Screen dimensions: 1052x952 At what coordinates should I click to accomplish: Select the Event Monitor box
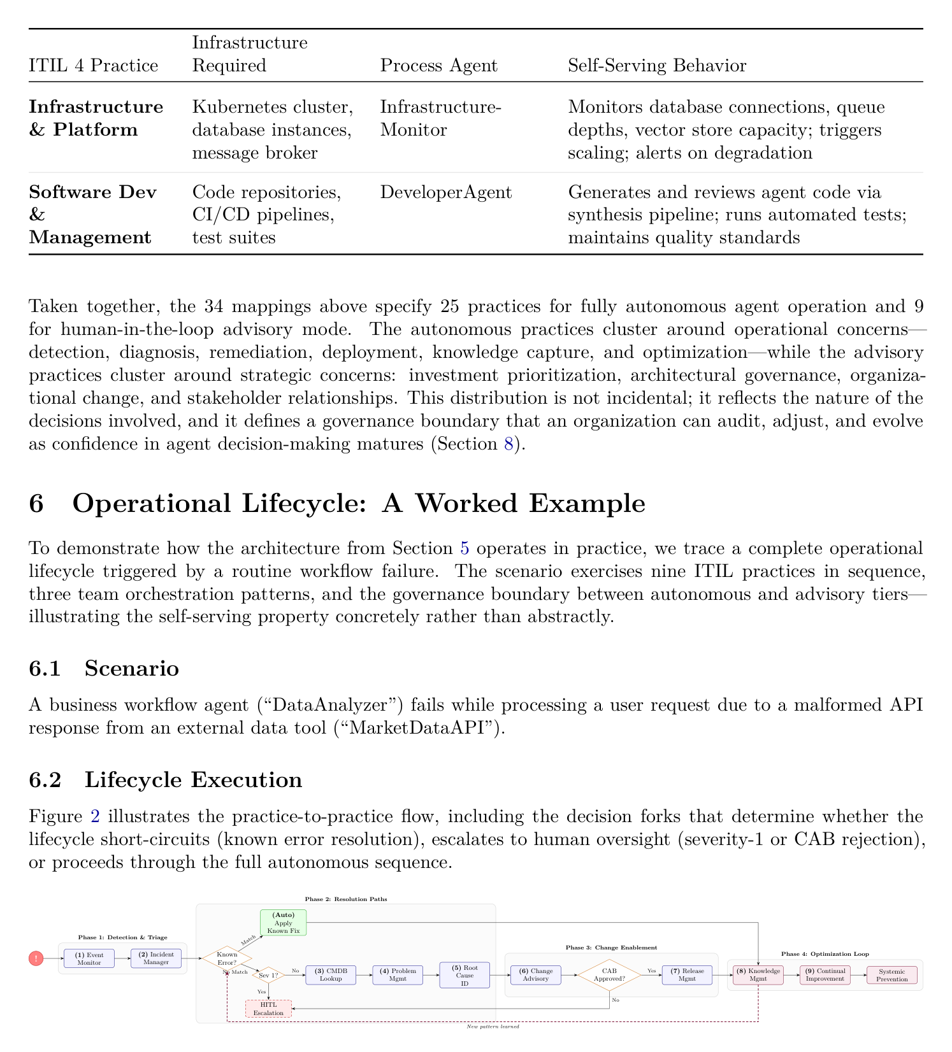[x=89, y=958]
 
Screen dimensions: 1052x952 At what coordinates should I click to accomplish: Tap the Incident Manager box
[x=156, y=958]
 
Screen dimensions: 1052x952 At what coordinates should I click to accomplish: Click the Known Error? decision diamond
[x=227, y=958]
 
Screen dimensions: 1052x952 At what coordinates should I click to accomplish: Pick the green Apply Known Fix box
[x=284, y=922]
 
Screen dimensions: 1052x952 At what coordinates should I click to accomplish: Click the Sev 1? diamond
[x=269, y=975]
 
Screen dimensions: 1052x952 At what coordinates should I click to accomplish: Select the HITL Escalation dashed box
[x=269, y=1009]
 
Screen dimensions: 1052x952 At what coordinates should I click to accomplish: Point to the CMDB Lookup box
[x=331, y=975]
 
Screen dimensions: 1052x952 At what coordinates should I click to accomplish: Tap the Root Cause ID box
[x=465, y=975]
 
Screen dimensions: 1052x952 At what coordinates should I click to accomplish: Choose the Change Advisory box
[x=536, y=975]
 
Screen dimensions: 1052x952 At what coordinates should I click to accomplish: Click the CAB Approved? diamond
[x=609, y=975]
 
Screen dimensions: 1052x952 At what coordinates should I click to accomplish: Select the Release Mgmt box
[x=687, y=975]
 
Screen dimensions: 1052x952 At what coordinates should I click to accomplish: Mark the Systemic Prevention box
[x=892, y=975]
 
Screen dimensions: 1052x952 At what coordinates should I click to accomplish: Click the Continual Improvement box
[x=825, y=975]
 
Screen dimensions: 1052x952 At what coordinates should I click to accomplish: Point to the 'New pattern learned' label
[x=493, y=1027]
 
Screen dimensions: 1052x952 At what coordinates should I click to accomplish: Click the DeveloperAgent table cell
[x=446, y=192]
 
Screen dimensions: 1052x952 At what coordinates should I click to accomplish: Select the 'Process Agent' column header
[x=439, y=66]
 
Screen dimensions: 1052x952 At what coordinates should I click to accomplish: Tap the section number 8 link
[x=508, y=444]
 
